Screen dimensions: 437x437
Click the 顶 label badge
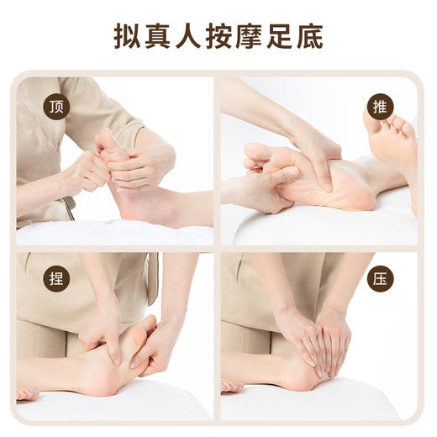[56, 107]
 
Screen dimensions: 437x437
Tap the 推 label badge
[380, 107]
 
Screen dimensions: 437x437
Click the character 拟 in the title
[127, 37]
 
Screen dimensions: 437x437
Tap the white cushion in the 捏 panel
[126, 408]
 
